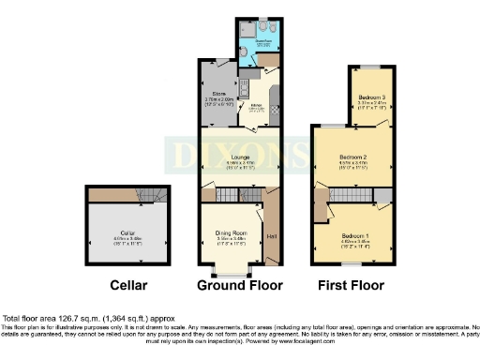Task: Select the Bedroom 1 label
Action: [x=356, y=234]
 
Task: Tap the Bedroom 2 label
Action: [x=352, y=157]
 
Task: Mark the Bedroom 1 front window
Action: [x=352, y=265]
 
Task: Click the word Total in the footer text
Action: [x=12, y=319]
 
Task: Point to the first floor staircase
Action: [x=342, y=194]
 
